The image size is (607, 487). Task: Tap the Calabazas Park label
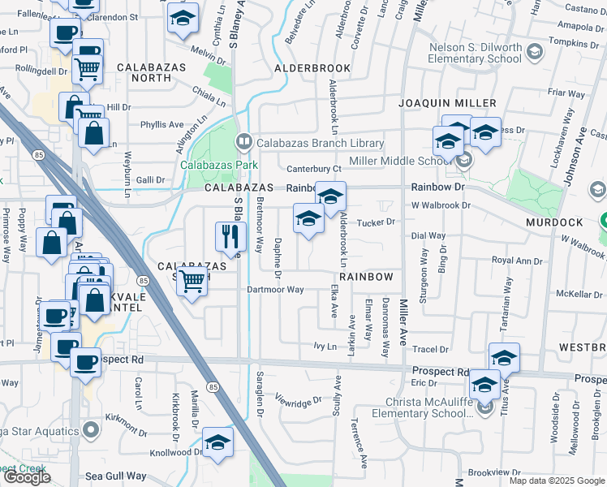click(218, 165)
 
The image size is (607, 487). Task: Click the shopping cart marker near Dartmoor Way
click(192, 282)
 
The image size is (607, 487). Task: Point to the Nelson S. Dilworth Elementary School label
click(476, 52)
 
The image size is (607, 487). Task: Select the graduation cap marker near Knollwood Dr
click(217, 442)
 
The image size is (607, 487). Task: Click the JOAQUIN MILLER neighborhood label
click(446, 103)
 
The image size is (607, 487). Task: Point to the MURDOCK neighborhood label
click(554, 222)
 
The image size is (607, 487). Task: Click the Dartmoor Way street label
click(277, 289)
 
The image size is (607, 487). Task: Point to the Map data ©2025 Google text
click(557, 481)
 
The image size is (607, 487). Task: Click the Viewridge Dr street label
click(299, 401)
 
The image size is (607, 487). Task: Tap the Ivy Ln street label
click(325, 347)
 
